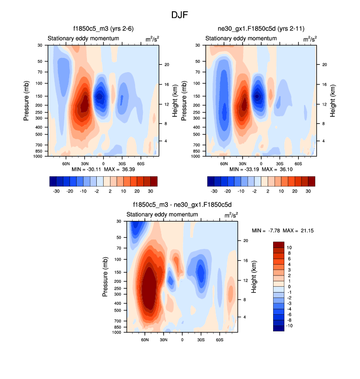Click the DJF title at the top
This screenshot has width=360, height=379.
pos(180,15)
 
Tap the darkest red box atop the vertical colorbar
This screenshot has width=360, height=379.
pos(279,244)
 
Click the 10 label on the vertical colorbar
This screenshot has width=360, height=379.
pos(290,247)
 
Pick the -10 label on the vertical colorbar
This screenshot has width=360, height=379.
pos(289,325)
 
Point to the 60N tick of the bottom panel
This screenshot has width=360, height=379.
pos(145,340)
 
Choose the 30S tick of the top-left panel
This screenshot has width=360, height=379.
pos(121,163)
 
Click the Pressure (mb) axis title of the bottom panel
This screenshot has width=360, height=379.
pos(105,277)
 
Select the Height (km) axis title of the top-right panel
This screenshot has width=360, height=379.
pos(333,100)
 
